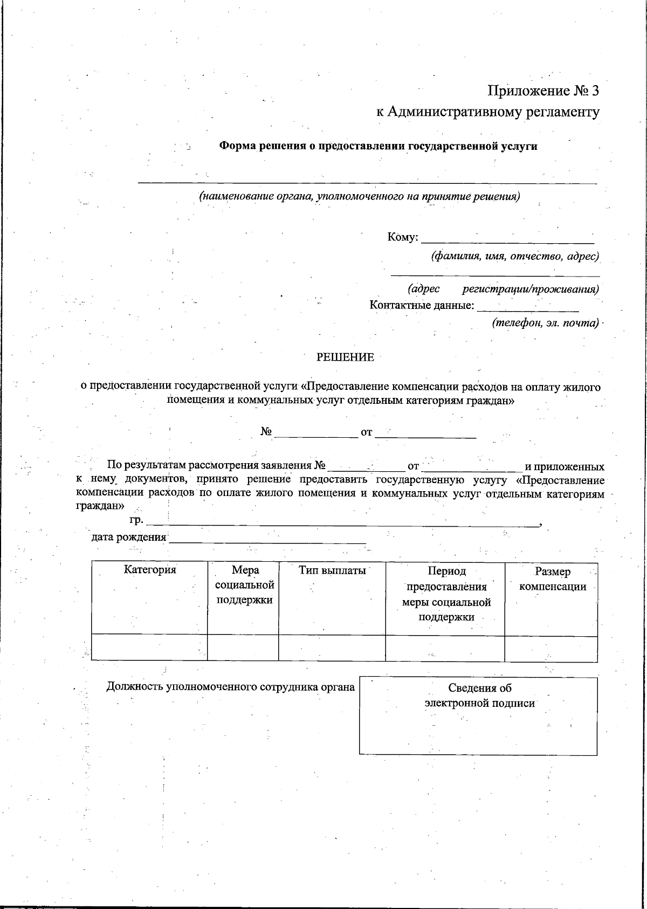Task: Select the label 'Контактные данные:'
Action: pos(422,306)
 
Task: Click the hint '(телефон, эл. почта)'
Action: pos(545,323)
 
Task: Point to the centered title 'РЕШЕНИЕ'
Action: pos(345,357)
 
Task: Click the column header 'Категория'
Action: pos(150,570)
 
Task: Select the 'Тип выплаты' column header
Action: pos(332,570)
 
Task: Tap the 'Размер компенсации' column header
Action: pos(552,579)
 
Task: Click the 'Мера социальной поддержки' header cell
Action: pos(244,585)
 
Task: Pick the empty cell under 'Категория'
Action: pos(150,648)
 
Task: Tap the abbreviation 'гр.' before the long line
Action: pos(136,521)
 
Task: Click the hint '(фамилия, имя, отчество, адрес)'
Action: pos(514,256)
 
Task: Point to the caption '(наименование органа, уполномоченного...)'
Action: pos(360,196)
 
